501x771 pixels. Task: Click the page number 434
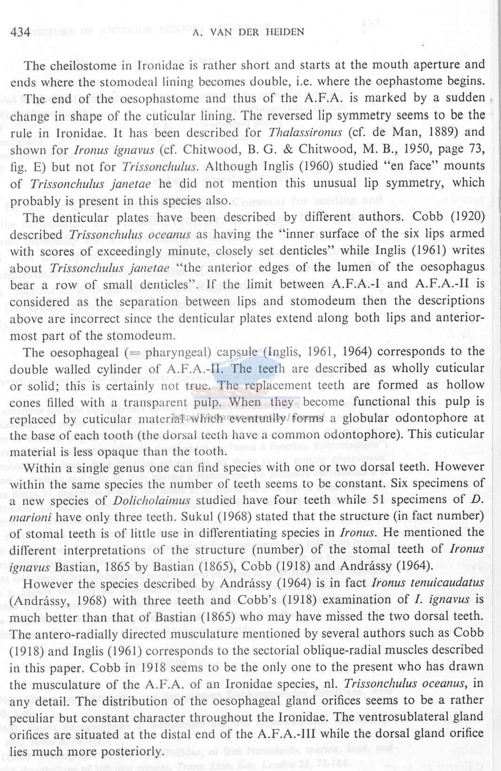click(20, 32)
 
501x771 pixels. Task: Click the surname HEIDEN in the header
click(284, 32)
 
